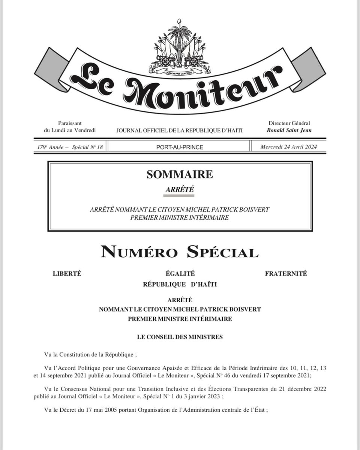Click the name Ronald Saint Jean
[x=289, y=130]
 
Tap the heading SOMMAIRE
[x=180, y=174]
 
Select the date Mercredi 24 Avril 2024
[x=289, y=147]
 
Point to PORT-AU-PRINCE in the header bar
[x=180, y=147]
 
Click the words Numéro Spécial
[x=180, y=252]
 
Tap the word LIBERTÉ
[x=67, y=273]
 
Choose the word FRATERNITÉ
[x=286, y=273]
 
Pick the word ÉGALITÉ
[x=180, y=273]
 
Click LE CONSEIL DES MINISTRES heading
[x=180, y=337]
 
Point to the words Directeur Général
[x=289, y=123]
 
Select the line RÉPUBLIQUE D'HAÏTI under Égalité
[x=180, y=284]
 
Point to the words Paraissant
[x=70, y=123]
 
